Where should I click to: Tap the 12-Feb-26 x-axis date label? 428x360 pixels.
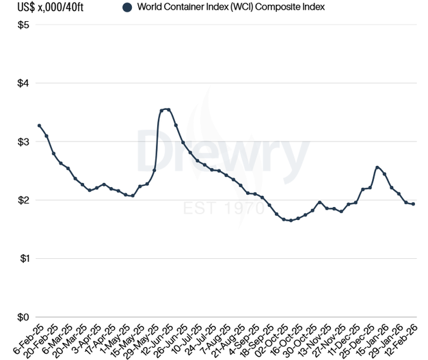click(x=401, y=338)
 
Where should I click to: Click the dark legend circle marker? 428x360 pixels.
click(x=126, y=8)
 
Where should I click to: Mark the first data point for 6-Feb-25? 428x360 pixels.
click(x=39, y=126)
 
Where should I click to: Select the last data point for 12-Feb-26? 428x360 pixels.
click(x=413, y=204)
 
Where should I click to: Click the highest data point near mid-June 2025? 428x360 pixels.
click(x=168, y=109)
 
